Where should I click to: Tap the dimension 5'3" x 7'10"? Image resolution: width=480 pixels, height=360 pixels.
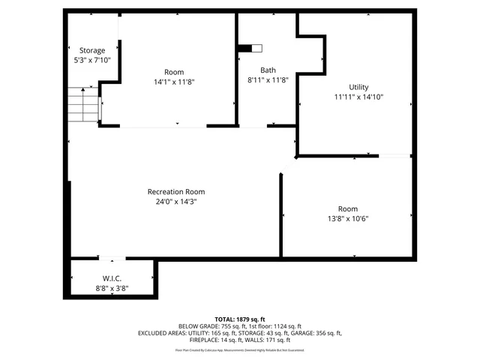(92, 59)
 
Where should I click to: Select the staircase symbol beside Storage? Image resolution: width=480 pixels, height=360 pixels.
(83, 104)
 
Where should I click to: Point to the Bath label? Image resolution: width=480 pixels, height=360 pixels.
(268, 70)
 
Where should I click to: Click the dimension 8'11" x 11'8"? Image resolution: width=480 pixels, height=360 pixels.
(268, 79)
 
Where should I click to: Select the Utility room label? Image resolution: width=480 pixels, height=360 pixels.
(358, 87)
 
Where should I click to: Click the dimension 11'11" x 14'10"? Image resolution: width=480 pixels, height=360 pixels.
(358, 97)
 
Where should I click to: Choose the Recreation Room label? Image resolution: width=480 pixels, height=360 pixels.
(175, 191)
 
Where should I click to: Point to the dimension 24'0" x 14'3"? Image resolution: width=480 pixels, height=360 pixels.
(175, 201)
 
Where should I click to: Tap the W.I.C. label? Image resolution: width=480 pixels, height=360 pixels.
(112, 278)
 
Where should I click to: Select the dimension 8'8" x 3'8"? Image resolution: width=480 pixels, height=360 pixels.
(112, 288)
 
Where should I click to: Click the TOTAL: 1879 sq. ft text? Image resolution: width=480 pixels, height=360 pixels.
(239, 319)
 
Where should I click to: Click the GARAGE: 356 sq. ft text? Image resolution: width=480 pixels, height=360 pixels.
(312, 333)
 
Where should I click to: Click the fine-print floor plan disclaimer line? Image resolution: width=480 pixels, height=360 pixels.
(239, 349)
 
